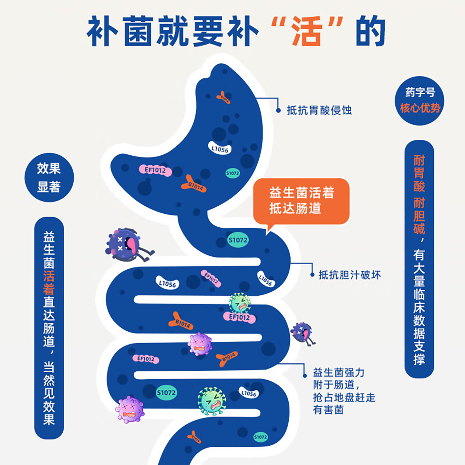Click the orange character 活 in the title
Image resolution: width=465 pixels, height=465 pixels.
tap(307, 31)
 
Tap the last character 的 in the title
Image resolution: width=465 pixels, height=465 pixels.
tap(371, 31)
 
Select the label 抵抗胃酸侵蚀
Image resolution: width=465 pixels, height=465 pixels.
tap(319, 110)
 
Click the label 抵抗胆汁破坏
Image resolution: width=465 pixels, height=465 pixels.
tap(350, 275)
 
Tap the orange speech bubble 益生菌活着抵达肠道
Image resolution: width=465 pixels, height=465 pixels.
tap(301, 201)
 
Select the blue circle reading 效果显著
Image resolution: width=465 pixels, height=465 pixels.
tap(49, 178)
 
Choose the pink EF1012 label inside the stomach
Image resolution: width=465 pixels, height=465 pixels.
tap(155, 170)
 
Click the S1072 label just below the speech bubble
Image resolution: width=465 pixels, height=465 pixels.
tap(238, 240)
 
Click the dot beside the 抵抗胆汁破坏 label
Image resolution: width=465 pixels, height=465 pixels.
tap(312, 275)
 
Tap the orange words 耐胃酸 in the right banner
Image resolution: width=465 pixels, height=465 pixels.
tap(419, 173)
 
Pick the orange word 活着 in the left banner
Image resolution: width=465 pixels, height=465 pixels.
tap(49, 283)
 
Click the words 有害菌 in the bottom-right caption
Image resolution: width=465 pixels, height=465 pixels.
tap(328, 410)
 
